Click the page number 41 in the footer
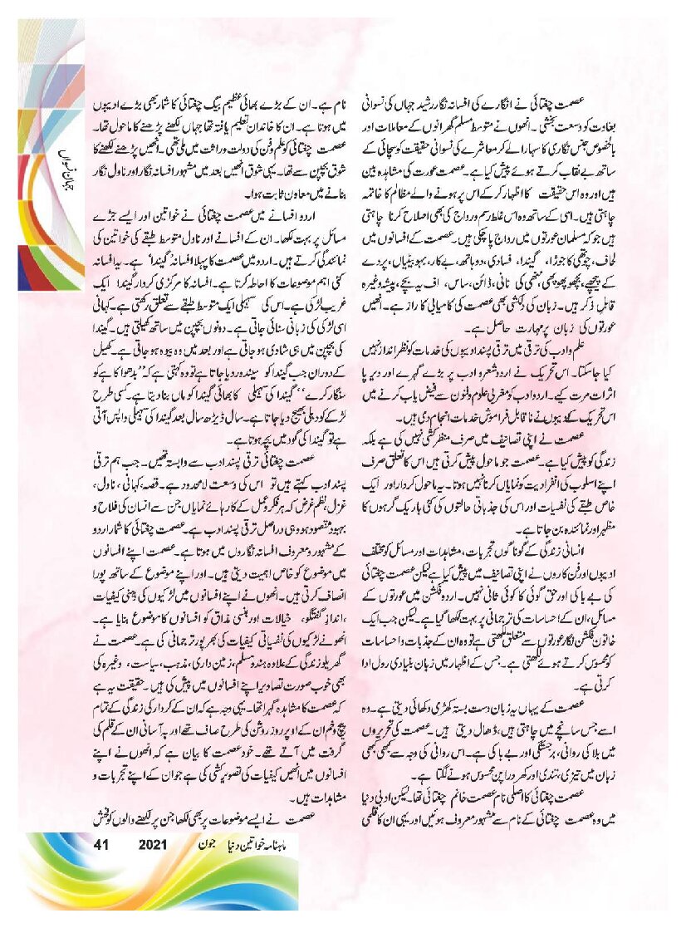103,845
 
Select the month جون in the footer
204,845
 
